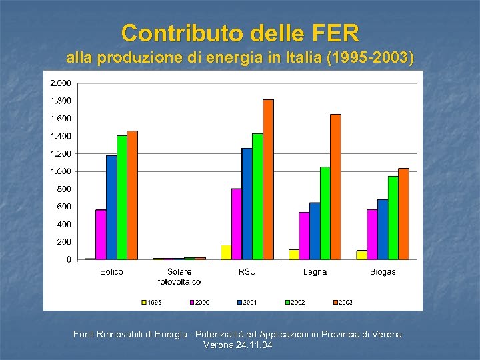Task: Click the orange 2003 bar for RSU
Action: click(x=268, y=179)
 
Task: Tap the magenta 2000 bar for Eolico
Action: click(x=101, y=235)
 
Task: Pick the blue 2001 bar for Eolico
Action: click(x=111, y=207)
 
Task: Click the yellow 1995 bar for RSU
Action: click(x=226, y=252)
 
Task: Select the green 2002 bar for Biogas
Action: click(x=393, y=217)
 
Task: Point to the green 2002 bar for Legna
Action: click(x=325, y=213)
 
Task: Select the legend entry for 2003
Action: click(x=341, y=302)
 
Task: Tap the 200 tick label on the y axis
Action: click(x=64, y=242)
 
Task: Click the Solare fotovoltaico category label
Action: click(x=179, y=276)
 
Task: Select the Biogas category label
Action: click(x=383, y=272)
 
